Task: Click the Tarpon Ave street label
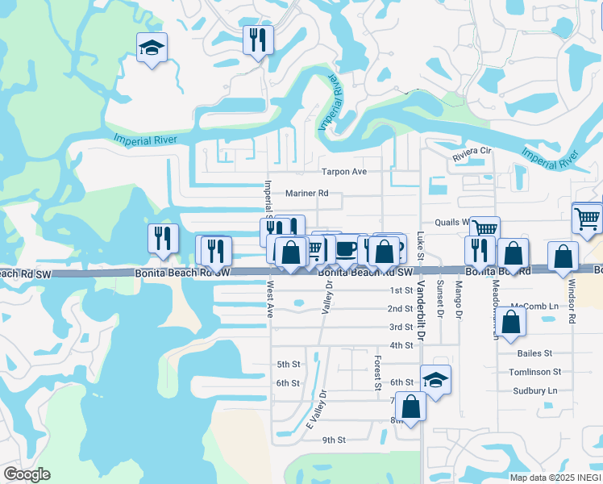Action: tap(344, 172)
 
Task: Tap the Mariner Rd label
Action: tap(307, 194)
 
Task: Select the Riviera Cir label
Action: tap(472, 152)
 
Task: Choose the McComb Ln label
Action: tap(534, 307)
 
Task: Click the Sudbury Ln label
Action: tap(534, 390)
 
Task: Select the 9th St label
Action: tap(334, 440)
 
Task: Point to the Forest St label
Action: tap(377, 373)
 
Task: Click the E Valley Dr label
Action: tap(316, 415)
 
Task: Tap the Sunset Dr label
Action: tap(440, 297)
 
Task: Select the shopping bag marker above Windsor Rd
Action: tap(563, 256)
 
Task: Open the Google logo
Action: tap(27, 474)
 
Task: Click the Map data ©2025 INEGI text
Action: tap(555, 478)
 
